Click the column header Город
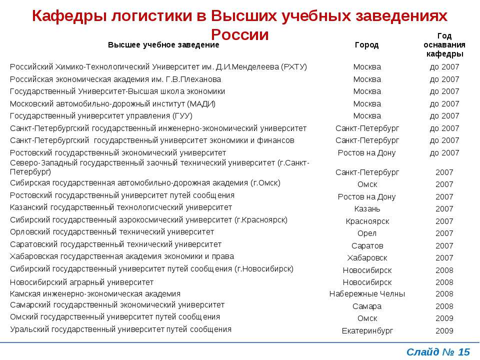coord(366,45)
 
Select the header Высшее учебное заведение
coord(163,45)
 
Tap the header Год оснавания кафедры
coord(444,45)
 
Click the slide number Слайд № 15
coord(438,352)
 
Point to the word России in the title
coord(239,34)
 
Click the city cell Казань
coord(367,209)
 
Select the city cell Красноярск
coord(367,221)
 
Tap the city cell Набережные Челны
coord(367,294)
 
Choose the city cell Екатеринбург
coord(367,331)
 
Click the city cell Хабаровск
coord(367,258)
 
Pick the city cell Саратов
coord(367,246)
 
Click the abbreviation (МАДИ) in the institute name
coord(201,104)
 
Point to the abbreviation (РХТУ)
coord(294,67)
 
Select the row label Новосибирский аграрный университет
coord(81,282)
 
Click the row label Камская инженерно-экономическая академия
coord(95,294)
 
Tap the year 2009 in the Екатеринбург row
coord(444,331)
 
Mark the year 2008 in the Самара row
coord(444,306)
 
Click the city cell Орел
coord(367,233)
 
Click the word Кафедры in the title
coord(69,16)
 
